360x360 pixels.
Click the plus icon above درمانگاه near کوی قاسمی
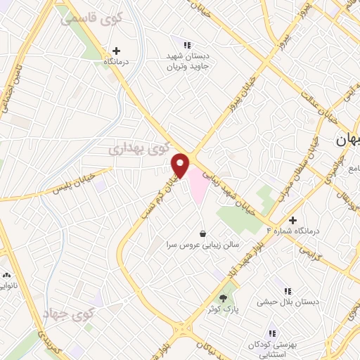(116, 51)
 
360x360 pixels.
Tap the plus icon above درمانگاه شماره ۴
(293, 220)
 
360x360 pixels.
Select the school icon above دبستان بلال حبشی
(287, 290)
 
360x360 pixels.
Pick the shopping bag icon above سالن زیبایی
(203, 233)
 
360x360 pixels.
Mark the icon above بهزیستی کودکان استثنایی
(271, 333)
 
